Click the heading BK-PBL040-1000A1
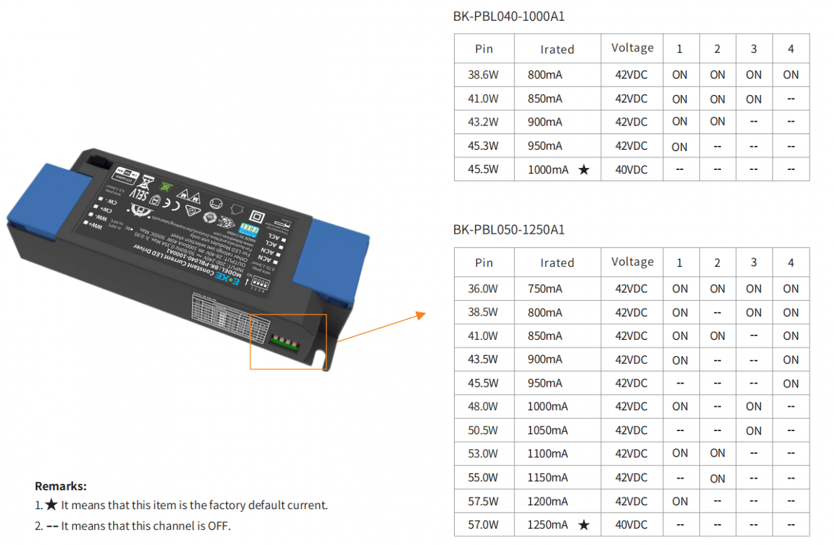coord(508,16)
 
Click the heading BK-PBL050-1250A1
coord(508,230)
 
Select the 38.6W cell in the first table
coord(483,75)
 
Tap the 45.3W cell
coord(483,146)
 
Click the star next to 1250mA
coord(584,525)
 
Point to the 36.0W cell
coord(483,288)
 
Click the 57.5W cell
coord(483,501)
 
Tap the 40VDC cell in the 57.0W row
coord(631,525)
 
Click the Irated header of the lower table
coord(557,263)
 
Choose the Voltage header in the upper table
coord(632,48)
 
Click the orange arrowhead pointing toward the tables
coord(420,316)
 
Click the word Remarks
coord(61,486)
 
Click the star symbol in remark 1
coord(51,505)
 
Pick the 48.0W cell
coord(483,406)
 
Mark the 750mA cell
coord(545,288)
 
